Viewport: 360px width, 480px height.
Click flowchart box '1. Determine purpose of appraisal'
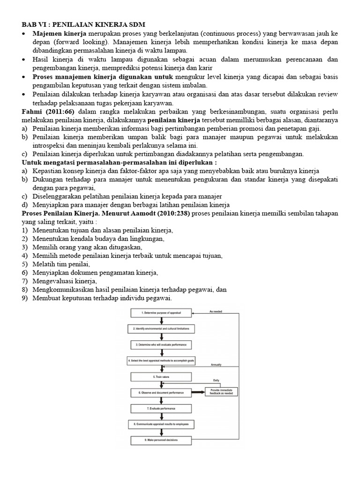(161, 313)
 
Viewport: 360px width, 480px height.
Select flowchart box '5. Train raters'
(161, 376)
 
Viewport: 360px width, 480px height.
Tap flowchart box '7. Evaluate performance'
(161, 408)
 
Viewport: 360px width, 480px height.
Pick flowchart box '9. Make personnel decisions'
(161, 441)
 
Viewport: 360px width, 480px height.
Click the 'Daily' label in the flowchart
(216, 380)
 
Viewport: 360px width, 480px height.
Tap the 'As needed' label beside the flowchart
(216, 310)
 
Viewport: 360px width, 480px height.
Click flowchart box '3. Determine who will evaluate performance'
(161, 345)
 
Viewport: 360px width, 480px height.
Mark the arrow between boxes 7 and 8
(162, 416)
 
